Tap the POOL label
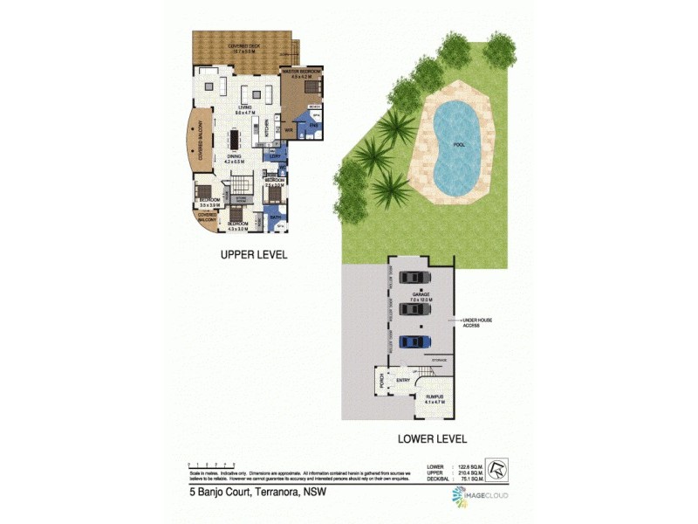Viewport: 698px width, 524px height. (x=459, y=145)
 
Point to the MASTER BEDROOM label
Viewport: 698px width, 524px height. (x=301, y=72)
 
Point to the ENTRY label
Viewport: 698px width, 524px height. (x=403, y=380)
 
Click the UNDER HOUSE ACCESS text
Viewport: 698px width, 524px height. (x=476, y=323)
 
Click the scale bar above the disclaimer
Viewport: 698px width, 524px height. (x=211, y=465)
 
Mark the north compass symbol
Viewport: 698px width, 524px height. (x=496, y=469)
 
